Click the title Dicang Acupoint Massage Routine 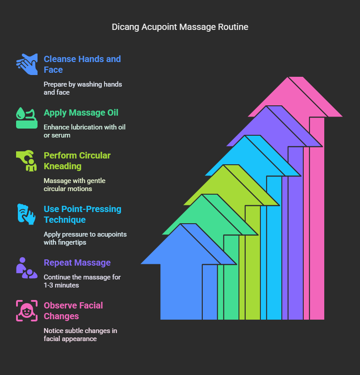180,27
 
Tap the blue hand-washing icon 27,64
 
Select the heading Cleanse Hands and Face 82,64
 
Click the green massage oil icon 27,118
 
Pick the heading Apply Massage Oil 81,112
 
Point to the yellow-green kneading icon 27,161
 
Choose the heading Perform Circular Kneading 77,161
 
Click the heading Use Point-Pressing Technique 82,214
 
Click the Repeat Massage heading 77,262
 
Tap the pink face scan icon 27,311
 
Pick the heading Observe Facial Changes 73,311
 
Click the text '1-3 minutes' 62,285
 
